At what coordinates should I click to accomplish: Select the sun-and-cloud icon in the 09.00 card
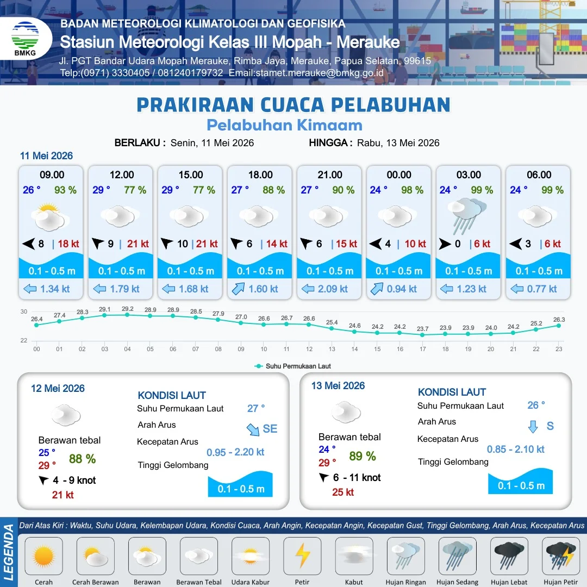tap(50, 217)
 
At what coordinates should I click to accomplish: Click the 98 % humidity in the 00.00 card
tap(412, 190)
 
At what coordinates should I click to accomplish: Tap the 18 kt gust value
tap(68, 243)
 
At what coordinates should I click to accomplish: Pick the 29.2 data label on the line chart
tap(128, 309)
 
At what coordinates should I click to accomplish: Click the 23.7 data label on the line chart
tap(423, 329)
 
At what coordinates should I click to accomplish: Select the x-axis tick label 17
tap(423, 349)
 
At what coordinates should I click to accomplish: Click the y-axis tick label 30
tap(24, 311)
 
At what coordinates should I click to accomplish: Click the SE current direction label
tap(270, 429)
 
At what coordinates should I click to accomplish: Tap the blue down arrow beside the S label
tap(533, 427)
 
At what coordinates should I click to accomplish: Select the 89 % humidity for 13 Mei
tap(363, 456)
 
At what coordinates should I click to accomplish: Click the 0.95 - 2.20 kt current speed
tap(235, 452)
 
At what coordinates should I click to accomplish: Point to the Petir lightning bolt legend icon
tap(303, 555)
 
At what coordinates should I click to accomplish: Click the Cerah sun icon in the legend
tap(43, 555)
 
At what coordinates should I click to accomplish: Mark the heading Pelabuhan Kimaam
tap(284, 126)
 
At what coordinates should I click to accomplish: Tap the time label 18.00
tap(260, 175)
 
